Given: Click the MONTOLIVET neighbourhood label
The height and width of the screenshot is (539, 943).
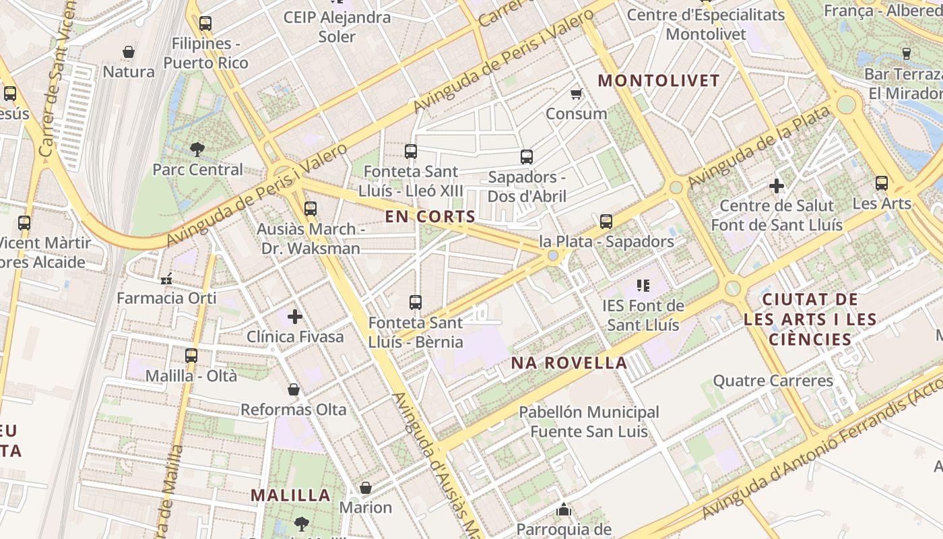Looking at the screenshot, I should click(x=659, y=81).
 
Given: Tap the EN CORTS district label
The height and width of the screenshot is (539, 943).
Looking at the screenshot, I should click(x=430, y=217).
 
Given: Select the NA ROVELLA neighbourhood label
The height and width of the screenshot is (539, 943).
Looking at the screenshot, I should click(x=569, y=363).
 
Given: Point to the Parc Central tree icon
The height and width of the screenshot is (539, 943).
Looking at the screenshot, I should click(x=197, y=149).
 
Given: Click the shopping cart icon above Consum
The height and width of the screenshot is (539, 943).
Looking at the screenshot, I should click(x=576, y=94).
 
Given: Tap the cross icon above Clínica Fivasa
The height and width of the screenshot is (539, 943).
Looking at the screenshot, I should click(x=295, y=316).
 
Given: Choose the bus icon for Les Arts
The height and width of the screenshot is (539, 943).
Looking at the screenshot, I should click(x=882, y=183).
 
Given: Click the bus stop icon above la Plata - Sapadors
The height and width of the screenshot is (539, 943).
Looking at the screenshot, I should click(x=606, y=221).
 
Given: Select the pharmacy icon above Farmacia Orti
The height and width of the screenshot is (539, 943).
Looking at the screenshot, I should click(x=166, y=278).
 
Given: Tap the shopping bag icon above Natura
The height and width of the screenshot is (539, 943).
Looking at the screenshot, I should click(x=129, y=51).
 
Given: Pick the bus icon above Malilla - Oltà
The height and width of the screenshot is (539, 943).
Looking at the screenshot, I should click(x=191, y=355).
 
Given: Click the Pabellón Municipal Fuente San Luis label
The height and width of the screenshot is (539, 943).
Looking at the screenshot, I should click(x=589, y=421).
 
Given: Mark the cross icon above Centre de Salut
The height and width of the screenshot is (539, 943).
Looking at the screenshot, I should click(x=777, y=185).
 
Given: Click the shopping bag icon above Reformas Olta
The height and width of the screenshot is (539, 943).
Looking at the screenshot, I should click(x=294, y=389).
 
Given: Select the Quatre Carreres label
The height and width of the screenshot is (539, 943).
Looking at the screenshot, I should click(x=773, y=381).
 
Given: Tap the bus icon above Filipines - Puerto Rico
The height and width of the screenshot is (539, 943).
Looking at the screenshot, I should click(x=205, y=24).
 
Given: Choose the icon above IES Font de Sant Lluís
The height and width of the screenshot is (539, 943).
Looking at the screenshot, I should click(x=643, y=286).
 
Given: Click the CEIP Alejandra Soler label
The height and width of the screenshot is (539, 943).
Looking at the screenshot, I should click(x=337, y=26).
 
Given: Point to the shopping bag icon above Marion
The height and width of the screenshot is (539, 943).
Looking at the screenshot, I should click(x=366, y=487).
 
